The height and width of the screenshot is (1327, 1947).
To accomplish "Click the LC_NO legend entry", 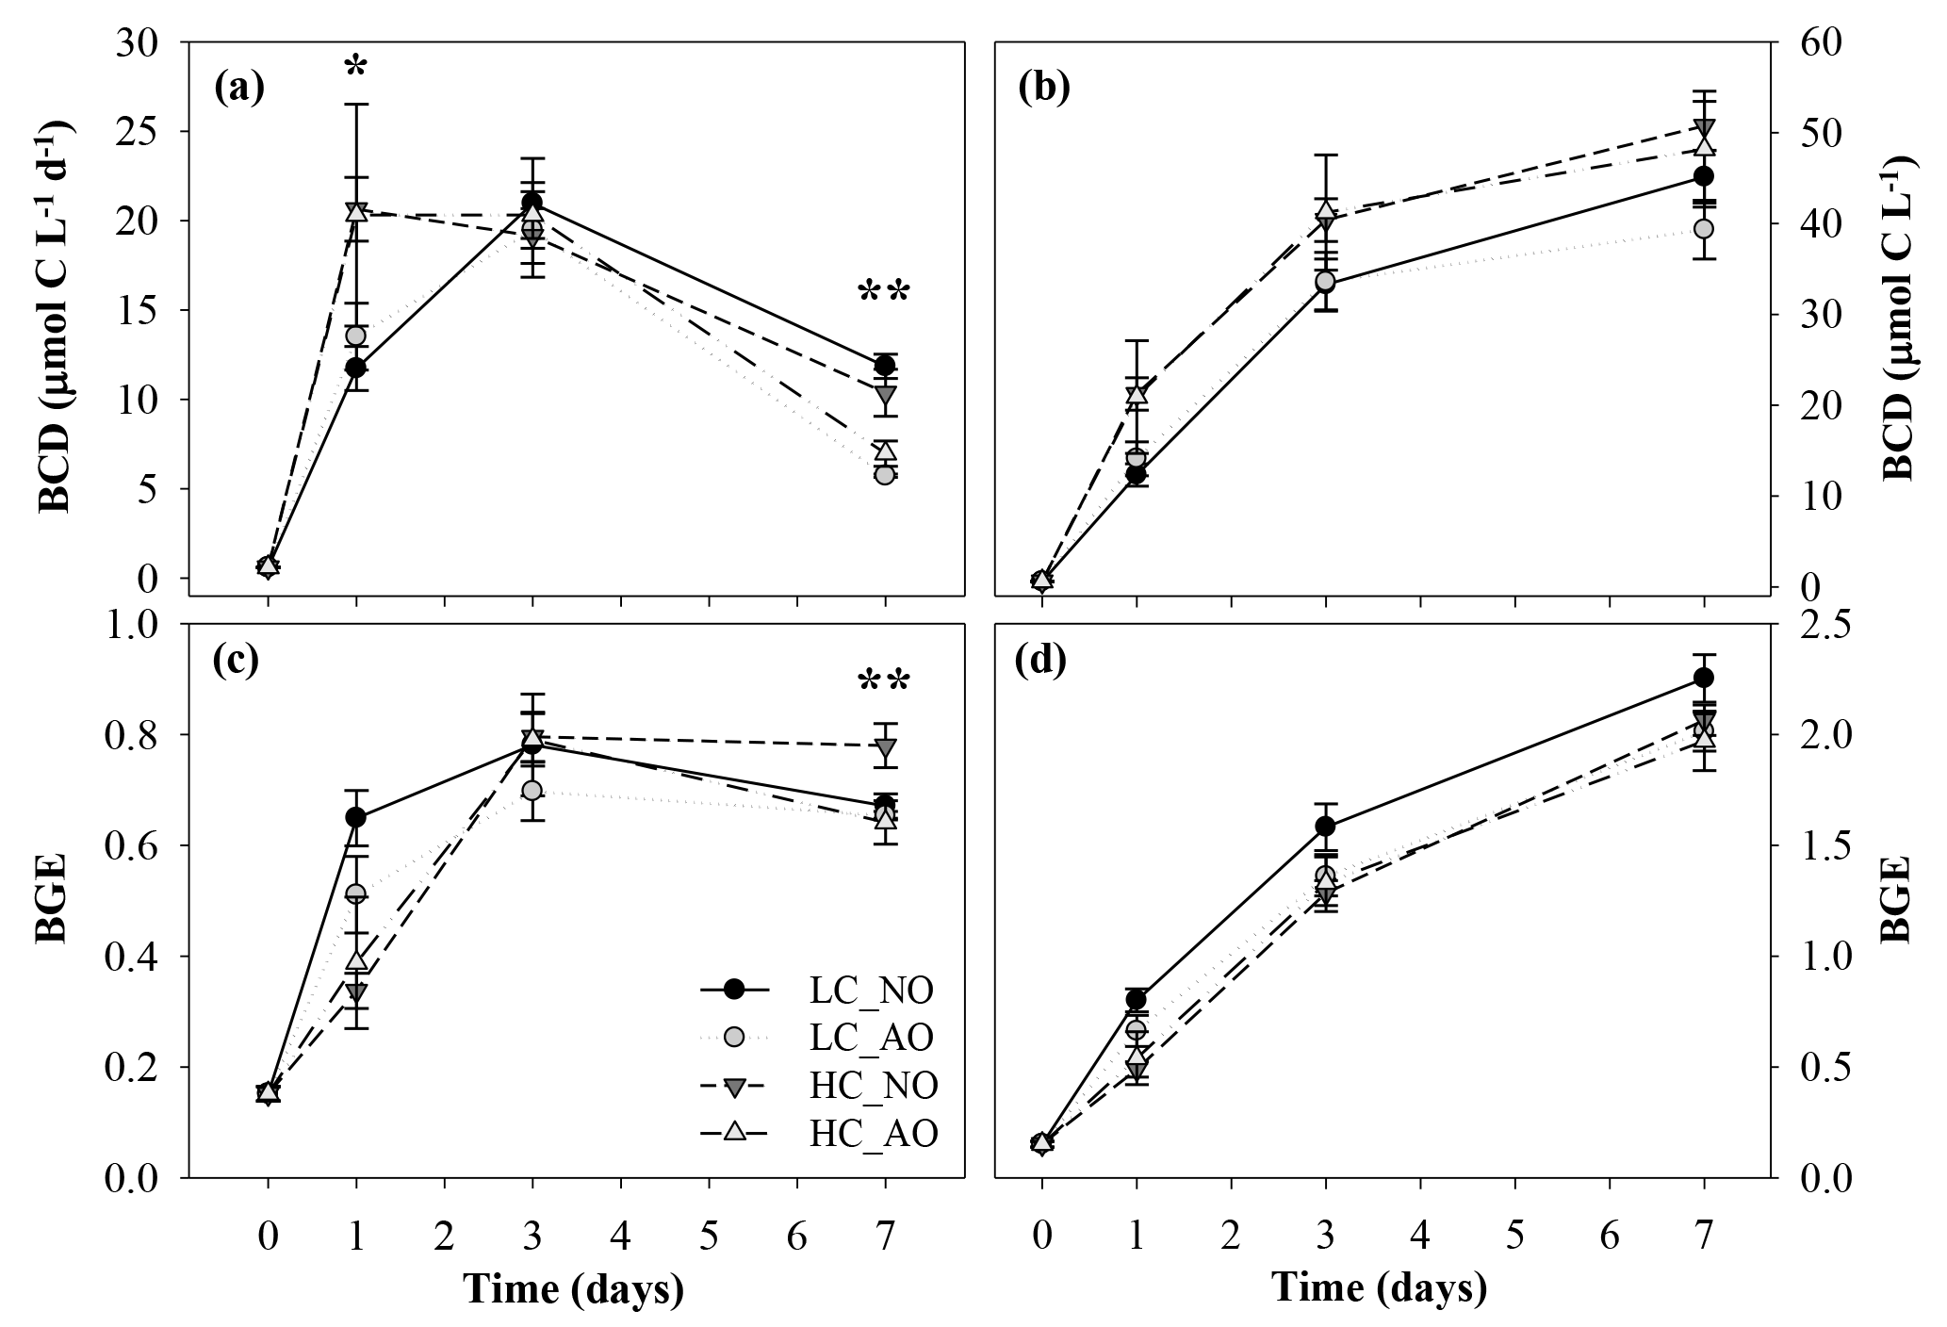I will click(x=871, y=991).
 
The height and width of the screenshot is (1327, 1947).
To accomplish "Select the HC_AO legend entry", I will click(x=873, y=1134).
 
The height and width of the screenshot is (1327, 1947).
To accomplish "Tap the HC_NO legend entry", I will click(x=873, y=1086).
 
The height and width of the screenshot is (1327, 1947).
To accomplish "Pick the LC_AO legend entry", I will click(x=871, y=1038).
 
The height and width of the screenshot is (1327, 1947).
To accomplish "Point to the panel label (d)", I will click(x=1040, y=662).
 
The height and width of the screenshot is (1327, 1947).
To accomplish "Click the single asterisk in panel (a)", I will click(x=355, y=69).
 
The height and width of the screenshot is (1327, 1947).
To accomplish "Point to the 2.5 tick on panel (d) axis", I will click(x=1804, y=625).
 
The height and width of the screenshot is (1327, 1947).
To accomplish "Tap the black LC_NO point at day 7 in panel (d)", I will click(x=1703, y=678).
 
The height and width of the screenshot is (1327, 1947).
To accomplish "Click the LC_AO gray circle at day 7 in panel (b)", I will click(x=1703, y=228).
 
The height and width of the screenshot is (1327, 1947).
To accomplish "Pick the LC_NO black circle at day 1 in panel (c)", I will click(x=355, y=817).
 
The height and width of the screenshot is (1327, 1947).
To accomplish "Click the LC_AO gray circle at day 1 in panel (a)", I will click(x=355, y=336).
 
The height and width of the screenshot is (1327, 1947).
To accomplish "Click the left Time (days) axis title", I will click(x=574, y=1289).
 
